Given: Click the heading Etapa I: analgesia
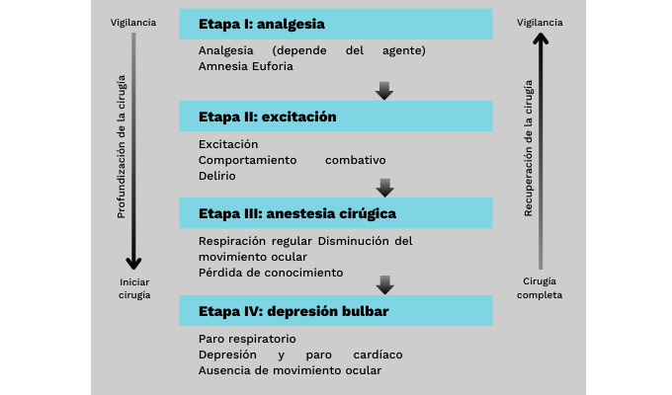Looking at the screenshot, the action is point(261,24).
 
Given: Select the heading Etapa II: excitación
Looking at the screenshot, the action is point(267,117).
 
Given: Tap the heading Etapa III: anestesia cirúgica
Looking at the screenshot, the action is point(297,213).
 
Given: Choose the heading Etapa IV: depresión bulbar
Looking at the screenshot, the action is point(293,311).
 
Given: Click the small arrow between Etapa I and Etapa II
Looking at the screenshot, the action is point(385,92).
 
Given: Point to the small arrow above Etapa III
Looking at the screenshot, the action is point(385,187).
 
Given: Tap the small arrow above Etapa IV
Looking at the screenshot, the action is point(385,284).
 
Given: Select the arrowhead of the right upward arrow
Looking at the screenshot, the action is point(540,39).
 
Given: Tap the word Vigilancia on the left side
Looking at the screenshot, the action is point(134,22).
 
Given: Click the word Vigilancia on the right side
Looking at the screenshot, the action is point(540,22).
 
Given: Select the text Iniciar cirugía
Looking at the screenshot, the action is point(134,288).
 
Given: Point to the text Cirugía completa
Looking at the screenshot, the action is point(540,288).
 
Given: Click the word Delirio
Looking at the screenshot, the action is point(216,175).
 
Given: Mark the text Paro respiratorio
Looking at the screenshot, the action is point(246,339).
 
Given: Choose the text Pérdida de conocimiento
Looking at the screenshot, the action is point(270,272).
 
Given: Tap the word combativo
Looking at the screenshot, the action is point(355,160).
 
